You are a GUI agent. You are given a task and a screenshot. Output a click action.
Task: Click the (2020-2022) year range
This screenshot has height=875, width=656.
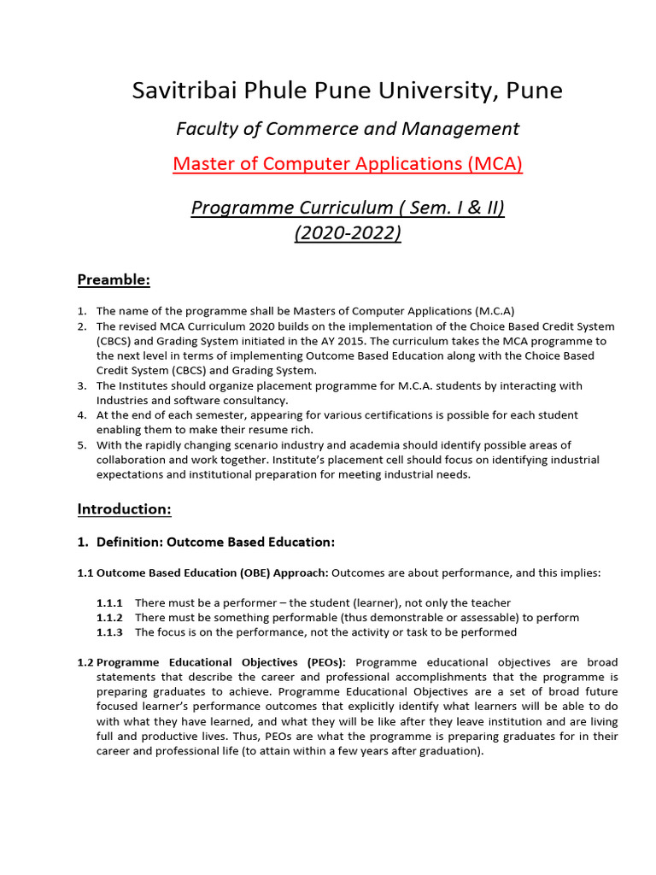pos(348,232)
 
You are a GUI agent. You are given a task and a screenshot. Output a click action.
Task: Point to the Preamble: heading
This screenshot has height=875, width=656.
pos(114,279)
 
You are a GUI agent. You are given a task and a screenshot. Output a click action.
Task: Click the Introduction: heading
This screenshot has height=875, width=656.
pos(125,509)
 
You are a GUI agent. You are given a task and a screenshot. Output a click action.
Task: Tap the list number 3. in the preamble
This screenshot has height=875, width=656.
pos(82,385)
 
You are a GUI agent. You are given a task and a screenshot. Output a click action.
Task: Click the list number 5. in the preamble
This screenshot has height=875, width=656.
pos(82,445)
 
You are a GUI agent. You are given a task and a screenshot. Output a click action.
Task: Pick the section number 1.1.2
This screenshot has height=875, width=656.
pos(109,618)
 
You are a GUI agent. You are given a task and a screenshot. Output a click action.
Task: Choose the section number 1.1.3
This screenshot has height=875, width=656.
pos(109,632)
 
